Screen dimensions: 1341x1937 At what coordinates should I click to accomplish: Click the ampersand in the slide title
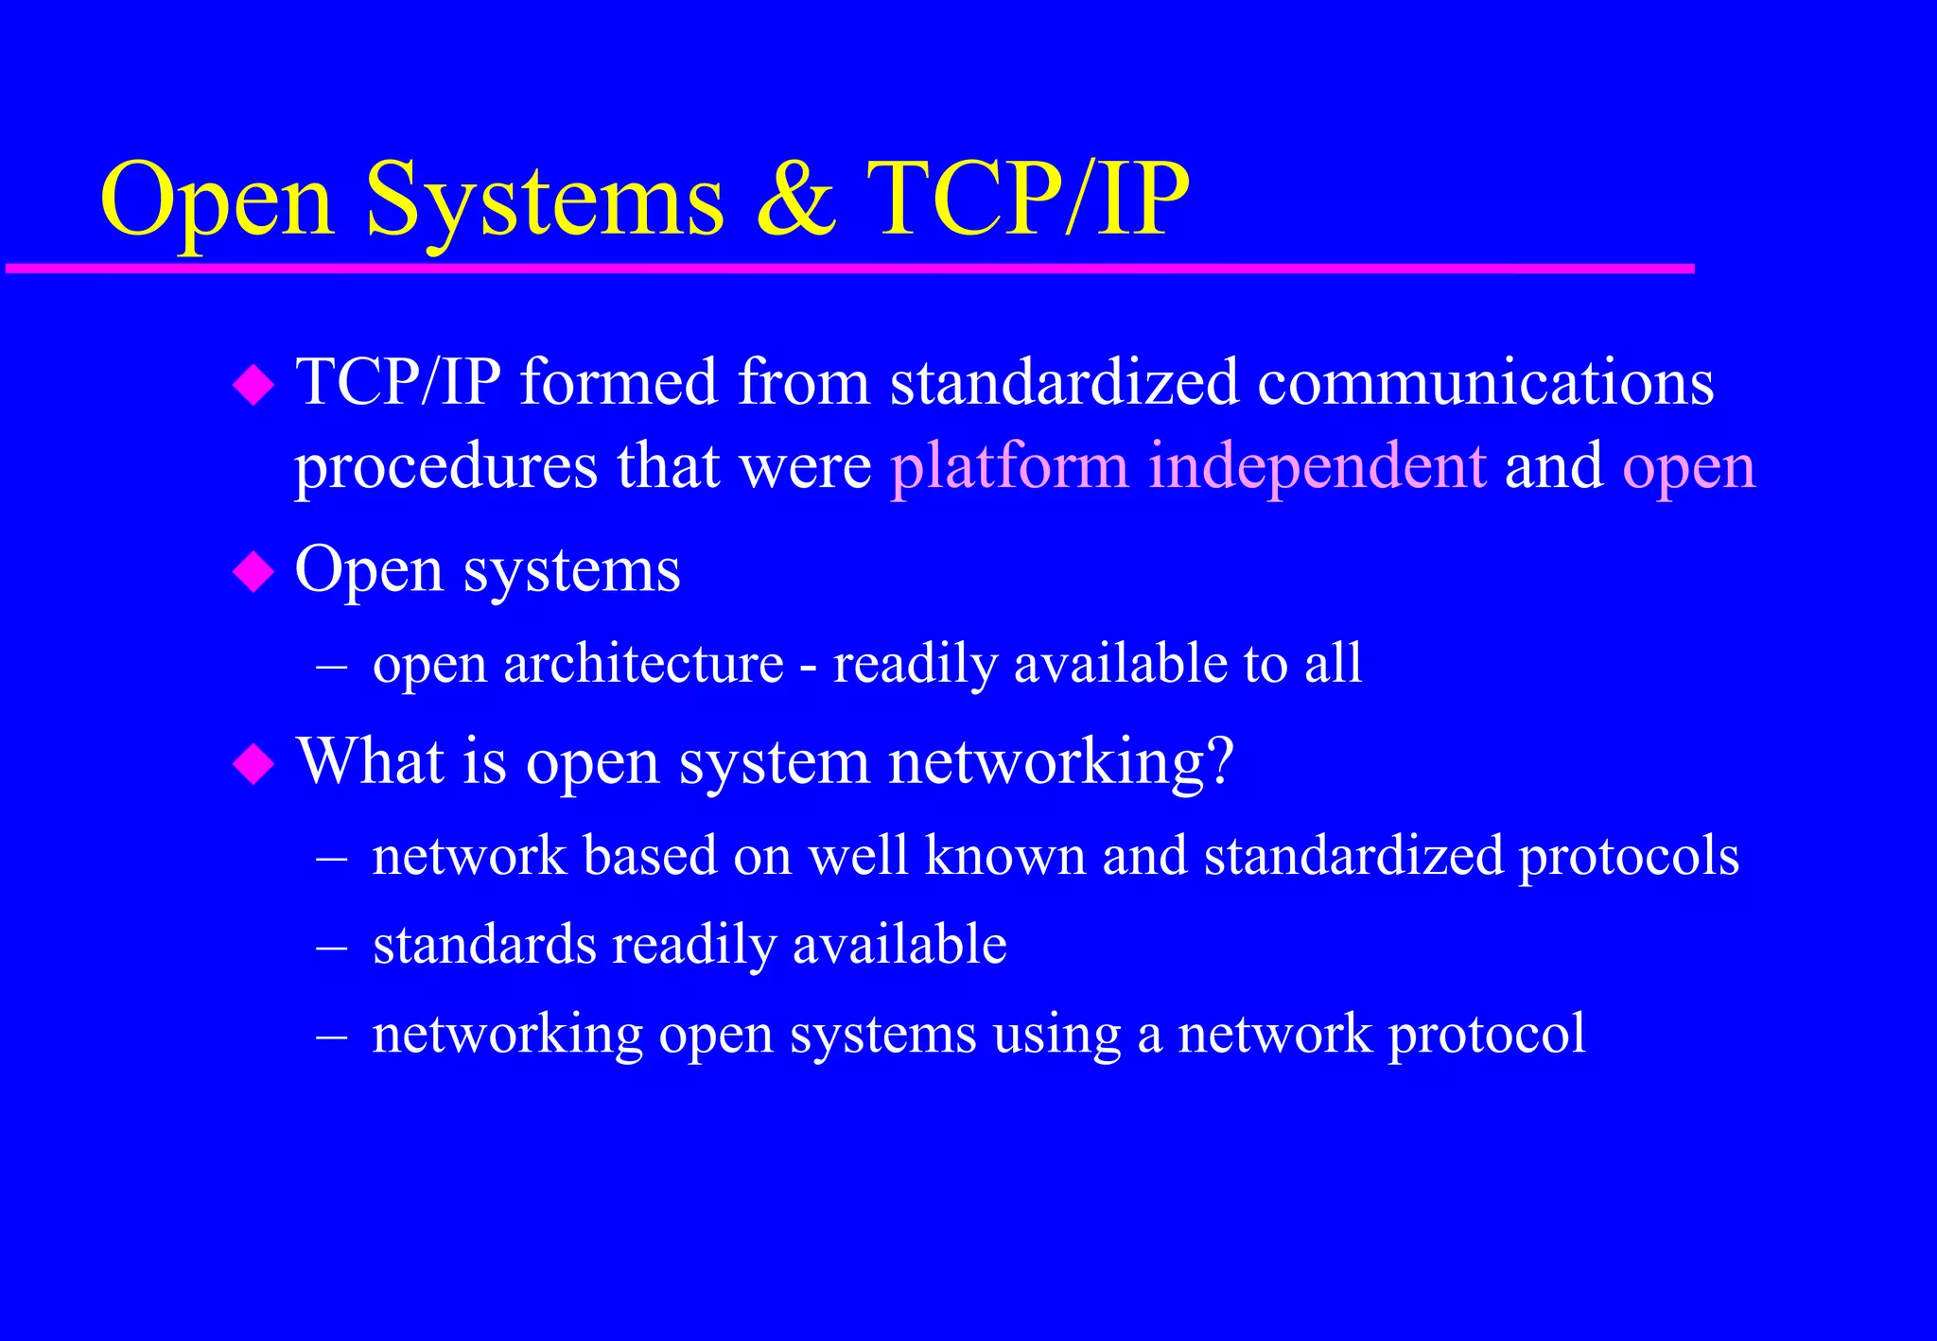[x=796, y=200]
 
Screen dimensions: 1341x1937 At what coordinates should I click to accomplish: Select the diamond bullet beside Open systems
[x=253, y=572]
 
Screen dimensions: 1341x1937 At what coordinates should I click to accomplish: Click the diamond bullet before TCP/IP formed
[x=253, y=385]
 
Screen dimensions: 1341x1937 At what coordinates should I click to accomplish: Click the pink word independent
[x=1317, y=466]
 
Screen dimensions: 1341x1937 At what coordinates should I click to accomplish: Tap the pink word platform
[x=1009, y=468]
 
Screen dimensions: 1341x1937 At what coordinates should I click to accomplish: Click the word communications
[x=1485, y=382]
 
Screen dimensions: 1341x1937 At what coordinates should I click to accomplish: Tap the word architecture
[x=643, y=663]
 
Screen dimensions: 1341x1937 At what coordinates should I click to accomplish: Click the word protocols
[x=1629, y=857]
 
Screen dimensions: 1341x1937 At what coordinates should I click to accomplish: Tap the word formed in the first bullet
[x=619, y=382]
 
